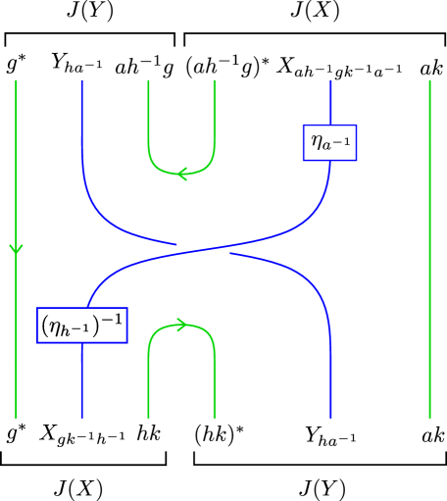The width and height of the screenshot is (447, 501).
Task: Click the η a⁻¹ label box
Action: coord(329,143)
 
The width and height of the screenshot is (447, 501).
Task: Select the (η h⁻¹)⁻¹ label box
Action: coord(82,326)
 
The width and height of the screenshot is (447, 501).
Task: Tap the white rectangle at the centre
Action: coord(203,252)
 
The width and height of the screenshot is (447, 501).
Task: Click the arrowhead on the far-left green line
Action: coord(16,249)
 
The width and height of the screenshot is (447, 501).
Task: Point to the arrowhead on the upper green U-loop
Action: coord(181,174)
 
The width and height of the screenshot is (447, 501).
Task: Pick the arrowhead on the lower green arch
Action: coord(181,325)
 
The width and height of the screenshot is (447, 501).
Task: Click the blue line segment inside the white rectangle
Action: coord(203,251)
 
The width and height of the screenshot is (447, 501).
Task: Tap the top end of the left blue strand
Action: coord(81,82)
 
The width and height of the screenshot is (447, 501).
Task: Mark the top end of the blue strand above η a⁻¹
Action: coord(330,82)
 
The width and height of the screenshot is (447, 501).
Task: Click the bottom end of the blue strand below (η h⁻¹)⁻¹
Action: coord(81,417)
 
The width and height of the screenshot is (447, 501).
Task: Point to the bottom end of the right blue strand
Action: coord(330,417)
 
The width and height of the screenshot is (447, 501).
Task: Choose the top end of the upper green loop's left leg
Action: coord(148,82)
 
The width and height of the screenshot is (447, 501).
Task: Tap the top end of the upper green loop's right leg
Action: coord(215,82)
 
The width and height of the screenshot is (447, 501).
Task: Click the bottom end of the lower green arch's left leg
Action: coord(148,417)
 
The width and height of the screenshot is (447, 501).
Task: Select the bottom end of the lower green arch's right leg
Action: coord(215,417)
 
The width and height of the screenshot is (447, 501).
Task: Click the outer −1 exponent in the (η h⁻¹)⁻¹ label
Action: coord(113,319)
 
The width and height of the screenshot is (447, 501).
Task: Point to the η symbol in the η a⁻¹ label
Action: coord(319,143)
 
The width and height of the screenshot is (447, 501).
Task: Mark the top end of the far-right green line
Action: coord(429,82)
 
